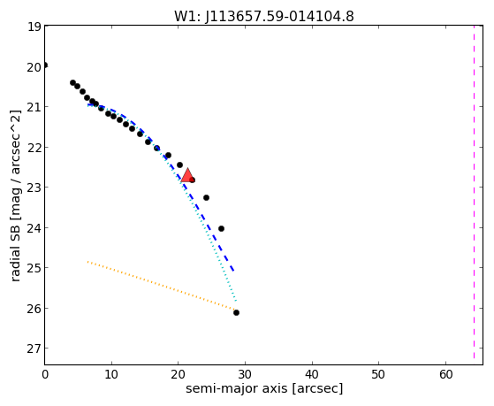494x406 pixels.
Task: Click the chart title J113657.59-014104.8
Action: [279, 16]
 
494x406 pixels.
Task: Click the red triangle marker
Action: [187, 175]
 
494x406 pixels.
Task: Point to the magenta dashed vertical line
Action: [474, 192]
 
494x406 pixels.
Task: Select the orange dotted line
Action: [162, 286]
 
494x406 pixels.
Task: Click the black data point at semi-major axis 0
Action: [45, 65]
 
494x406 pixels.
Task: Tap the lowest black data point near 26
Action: [236, 312]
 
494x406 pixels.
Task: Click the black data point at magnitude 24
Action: [221, 228]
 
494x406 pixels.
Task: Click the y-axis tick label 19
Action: [34, 27]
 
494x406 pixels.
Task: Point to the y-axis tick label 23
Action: [34, 188]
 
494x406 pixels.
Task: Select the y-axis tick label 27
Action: [34, 349]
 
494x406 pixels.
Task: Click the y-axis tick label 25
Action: [34, 268]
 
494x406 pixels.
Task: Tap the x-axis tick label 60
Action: [445, 374]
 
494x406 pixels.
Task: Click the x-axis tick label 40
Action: [312, 374]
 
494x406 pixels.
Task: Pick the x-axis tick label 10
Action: [111, 374]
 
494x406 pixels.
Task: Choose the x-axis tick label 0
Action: [45, 374]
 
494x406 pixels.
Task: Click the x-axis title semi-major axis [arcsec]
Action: [264, 388]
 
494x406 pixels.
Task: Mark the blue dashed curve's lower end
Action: [233, 271]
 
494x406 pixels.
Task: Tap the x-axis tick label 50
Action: [379, 374]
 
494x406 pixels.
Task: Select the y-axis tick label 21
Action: [34, 107]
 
